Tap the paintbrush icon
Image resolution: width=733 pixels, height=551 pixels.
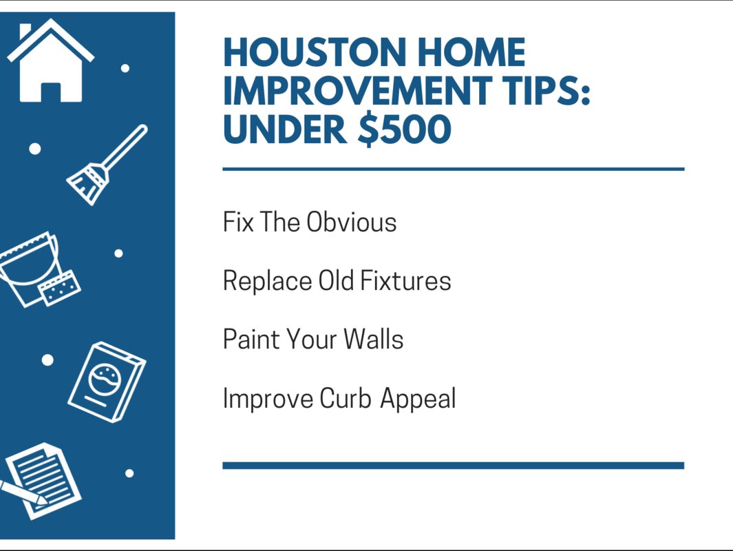[x=106, y=165]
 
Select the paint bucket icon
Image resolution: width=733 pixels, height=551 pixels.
[x=34, y=269]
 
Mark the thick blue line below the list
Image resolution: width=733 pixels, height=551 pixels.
[x=453, y=466]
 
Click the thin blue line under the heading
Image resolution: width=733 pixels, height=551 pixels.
[x=453, y=169]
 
